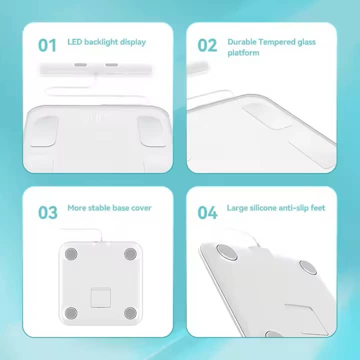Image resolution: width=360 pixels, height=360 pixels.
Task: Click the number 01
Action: [x=47, y=45]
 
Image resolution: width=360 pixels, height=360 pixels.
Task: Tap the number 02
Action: [x=207, y=45]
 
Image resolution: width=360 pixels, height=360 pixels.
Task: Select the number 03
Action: [x=47, y=212]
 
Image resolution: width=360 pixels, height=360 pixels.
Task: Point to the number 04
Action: [x=207, y=212]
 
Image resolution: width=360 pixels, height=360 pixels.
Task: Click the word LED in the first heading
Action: [x=75, y=42]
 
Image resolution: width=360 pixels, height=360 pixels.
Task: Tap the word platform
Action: [x=243, y=52]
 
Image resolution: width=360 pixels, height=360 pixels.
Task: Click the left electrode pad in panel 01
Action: [x=44, y=131]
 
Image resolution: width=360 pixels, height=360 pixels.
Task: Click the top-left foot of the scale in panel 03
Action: [x=71, y=254]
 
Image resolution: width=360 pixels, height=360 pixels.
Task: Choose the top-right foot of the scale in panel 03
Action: [x=130, y=254]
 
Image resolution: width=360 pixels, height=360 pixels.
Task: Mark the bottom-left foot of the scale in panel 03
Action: [x=71, y=313]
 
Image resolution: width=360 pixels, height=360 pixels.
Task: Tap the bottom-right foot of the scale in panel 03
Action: [x=130, y=313]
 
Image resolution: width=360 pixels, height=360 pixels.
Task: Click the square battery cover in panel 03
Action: [x=100, y=297]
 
